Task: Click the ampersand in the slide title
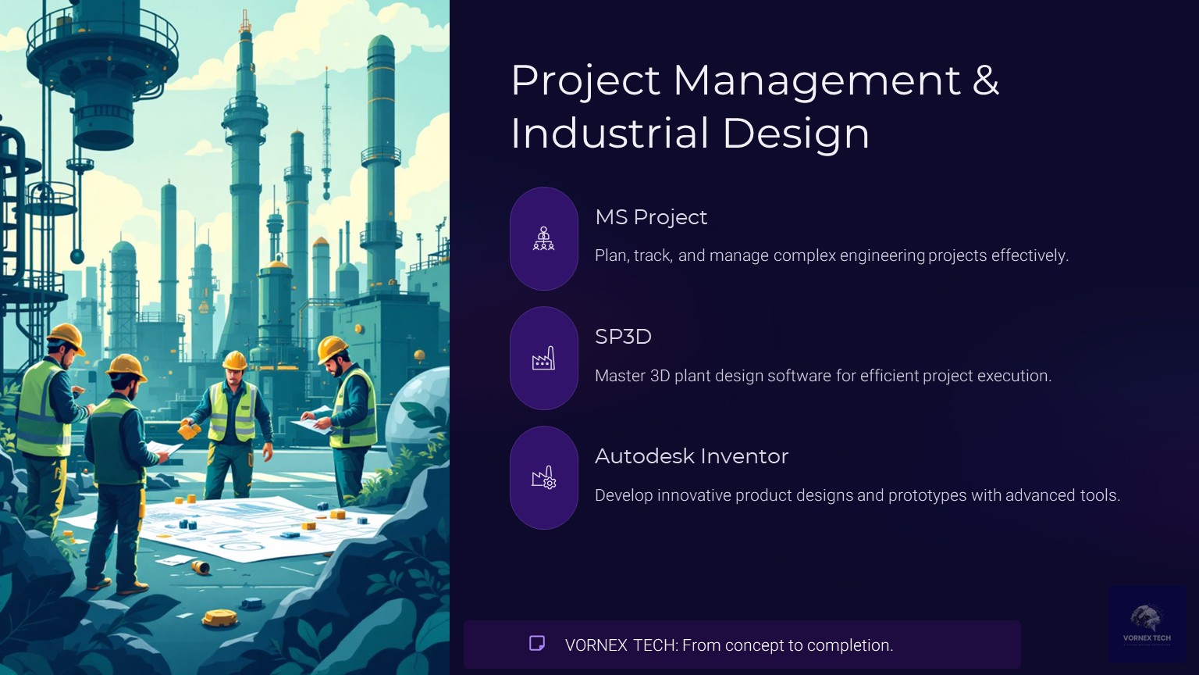[985, 80]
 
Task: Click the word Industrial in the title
[611, 133]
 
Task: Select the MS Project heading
[651, 217]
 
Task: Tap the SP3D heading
[623, 337]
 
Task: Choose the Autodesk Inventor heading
[692, 456]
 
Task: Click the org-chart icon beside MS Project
[543, 238]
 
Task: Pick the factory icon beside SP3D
[543, 359]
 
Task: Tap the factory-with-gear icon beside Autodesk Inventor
[543, 477]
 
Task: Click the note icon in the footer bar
[537, 644]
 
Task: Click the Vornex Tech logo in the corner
[1147, 623]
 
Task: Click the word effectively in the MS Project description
[1029, 255]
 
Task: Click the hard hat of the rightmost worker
[333, 348]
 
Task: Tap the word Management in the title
[817, 80]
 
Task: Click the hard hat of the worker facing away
[126, 366]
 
